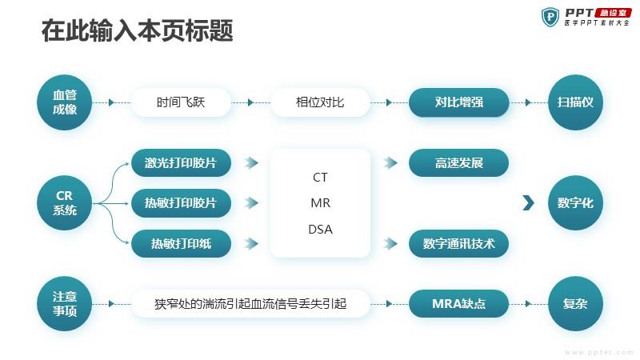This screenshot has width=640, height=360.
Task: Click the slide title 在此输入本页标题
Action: (x=137, y=31)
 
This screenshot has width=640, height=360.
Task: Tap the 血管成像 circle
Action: (x=66, y=102)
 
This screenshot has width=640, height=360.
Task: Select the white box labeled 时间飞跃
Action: (x=181, y=102)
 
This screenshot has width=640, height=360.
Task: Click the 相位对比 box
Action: (x=320, y=102)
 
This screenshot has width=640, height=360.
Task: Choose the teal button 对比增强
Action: (x=459, y=102)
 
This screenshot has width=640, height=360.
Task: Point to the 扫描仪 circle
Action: (x=574, y=102)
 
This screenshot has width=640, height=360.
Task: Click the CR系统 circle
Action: (x=66, y=203)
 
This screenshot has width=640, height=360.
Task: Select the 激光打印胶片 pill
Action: (x=181, y=162)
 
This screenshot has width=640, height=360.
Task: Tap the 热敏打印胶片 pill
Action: (x=181, y=203)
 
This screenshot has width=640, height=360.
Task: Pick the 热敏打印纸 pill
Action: (x=181, y=243)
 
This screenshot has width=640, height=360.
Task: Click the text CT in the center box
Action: (x=320, y=178)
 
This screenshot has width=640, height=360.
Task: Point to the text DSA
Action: (x=320, y=230)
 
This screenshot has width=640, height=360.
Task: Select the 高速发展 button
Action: (x=459, y=162)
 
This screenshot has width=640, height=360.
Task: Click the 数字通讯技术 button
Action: (x=459, y=243)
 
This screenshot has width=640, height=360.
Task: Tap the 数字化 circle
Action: (x=574, y=203)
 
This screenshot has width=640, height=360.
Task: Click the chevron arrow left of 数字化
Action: (x=528, y=203)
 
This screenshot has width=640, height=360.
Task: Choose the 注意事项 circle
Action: (x=66, y=304)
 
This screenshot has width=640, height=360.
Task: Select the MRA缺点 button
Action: (x=459, y=304)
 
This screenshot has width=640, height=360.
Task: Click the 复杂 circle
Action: (x=574, y=304)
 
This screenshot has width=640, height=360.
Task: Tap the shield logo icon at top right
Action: (x=550, y=17)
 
